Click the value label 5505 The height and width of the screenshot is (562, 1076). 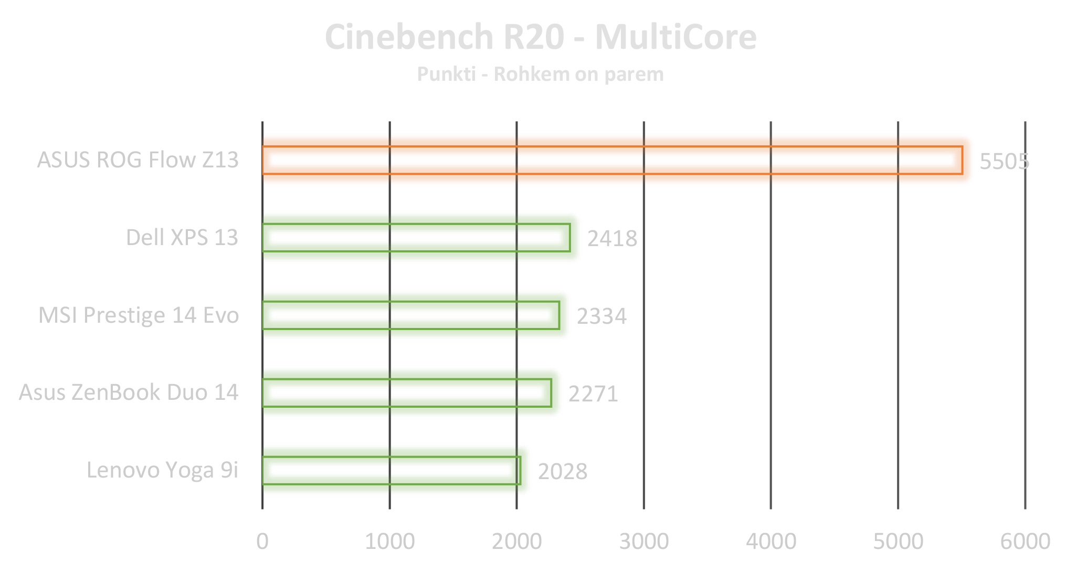click(x=1004, y=161)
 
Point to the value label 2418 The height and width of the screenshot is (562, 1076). click(x=612, y=239)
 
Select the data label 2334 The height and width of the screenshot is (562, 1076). click(x=602, y=316)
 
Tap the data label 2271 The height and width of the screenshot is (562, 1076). click(x=593, y=394)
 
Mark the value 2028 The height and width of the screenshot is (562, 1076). click(x=563, y=471)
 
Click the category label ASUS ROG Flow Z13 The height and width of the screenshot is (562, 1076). click(x=138, y=160)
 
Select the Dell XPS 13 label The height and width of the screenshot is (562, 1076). click(x=182, y=237)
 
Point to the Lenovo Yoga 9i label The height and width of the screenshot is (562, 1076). click(x=162, y=470)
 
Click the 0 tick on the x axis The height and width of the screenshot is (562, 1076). click(x=262, y=541)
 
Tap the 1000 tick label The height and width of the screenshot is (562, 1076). click(x=389, y=541)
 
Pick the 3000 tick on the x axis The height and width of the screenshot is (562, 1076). click(x=644, y=541)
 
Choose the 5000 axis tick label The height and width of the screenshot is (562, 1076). click(x=898, y=541)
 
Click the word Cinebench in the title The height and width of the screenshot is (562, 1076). click(x=409, y=37)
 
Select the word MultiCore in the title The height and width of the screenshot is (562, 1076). click(x=676, y=37)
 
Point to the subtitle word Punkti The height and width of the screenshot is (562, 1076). click(x=446, y=75)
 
